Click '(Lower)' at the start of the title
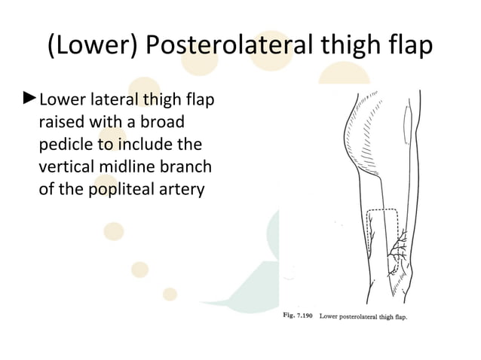[90, 46]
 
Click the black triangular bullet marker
[30, 98]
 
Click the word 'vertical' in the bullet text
[66, 166]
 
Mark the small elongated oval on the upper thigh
[409, 121]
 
